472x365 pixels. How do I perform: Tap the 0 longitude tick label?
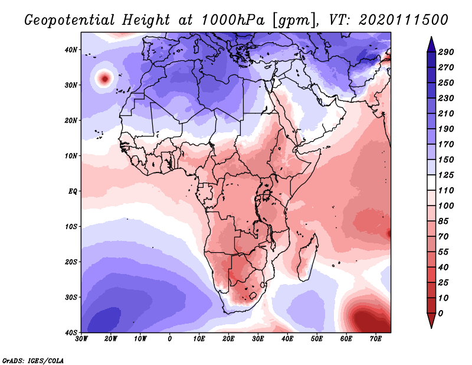point(170,339)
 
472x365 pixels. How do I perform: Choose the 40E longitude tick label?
point(287,339)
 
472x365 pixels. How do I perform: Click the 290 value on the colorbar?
point(446,52)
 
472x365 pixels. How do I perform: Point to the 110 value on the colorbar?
point(446,191)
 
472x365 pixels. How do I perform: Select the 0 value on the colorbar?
point(441,312)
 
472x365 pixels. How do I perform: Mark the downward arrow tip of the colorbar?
point(431,327)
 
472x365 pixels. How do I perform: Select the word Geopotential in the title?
point(65,20)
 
